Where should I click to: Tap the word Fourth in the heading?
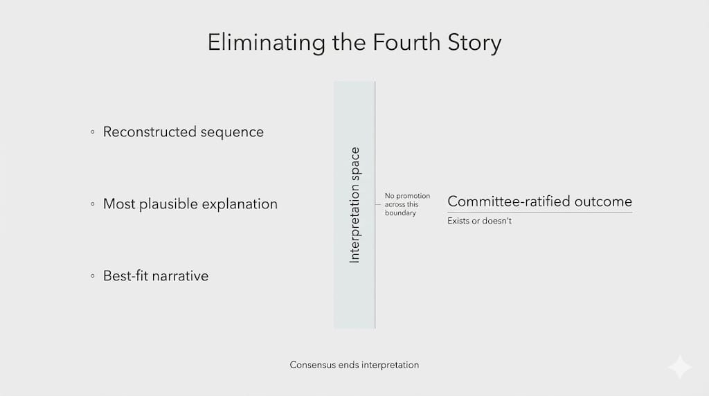coord(400,42)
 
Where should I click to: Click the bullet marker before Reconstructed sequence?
coord(93,132)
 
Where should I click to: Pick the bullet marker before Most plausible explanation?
coord(93,204)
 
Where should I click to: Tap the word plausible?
coord(170,204)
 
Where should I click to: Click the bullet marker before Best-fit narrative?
coord(93,276)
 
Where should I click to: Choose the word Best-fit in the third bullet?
coord(126,276)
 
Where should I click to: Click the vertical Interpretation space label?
coord(354,205)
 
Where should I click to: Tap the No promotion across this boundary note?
coord(407,204)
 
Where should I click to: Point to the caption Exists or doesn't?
coord(480,221)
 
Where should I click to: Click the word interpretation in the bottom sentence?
coord(391,365)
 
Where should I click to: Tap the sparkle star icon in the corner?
coord(679,367)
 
